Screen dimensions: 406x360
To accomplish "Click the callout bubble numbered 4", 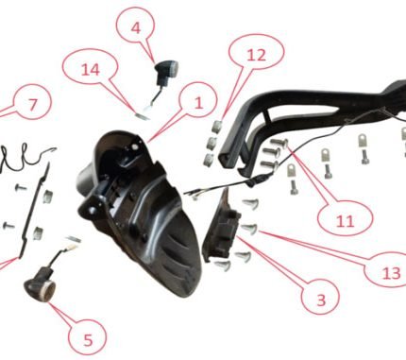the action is point(135,27).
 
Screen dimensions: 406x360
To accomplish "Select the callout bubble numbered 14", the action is point(91,69).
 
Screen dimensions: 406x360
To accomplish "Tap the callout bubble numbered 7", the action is point(32,103).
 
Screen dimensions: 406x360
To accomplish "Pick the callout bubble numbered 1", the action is point(198,102).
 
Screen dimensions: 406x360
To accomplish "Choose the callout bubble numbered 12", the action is point(257,55).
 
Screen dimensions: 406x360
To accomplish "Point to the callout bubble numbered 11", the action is point(346,221).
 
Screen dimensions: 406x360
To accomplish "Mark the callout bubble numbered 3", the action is point(320,300).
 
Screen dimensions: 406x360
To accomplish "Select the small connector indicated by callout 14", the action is point(141,115).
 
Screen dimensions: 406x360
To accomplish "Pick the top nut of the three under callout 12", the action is point(216,126).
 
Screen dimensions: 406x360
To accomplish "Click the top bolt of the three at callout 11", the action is point(279,143).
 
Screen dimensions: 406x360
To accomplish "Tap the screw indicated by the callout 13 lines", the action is point(250,229).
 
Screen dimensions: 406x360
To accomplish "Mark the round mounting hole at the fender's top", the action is point(135,146).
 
